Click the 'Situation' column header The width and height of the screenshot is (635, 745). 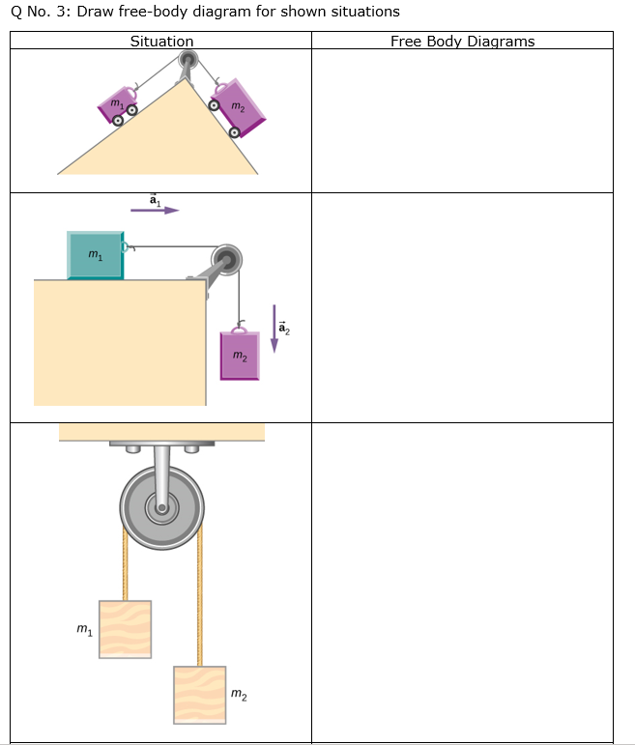point(161,41)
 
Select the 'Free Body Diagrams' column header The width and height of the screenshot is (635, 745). point(462,41)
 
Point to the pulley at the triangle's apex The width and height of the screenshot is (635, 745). point(187,61)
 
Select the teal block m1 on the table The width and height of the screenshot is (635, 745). point(95,255)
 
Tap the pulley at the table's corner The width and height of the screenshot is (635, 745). point(229,259)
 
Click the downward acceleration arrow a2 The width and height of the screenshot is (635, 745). point(274,330)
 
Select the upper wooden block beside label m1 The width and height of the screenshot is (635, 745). point(125,629)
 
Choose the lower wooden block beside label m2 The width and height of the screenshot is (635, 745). point(199,694)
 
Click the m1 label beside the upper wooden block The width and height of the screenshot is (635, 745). point(84,631)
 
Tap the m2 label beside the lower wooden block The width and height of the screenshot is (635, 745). point(239,694)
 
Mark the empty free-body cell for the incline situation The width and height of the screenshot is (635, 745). point(462,121)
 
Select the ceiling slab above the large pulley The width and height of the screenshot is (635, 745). point(161,432)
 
